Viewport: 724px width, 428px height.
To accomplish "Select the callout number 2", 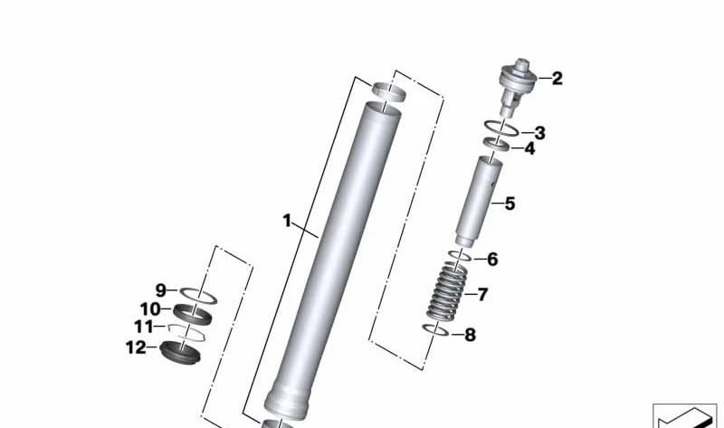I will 557,79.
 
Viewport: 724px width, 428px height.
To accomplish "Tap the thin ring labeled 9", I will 196,294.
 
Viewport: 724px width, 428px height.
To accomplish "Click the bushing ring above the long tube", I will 390,90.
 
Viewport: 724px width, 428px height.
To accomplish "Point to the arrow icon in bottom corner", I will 684,417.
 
